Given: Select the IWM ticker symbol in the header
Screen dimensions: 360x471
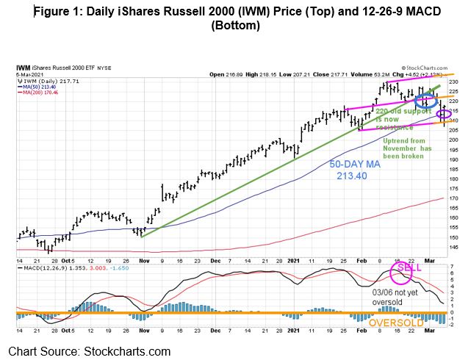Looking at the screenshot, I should (x=25, y=68).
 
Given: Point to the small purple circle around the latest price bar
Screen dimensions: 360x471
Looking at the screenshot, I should (x=445, y=114).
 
